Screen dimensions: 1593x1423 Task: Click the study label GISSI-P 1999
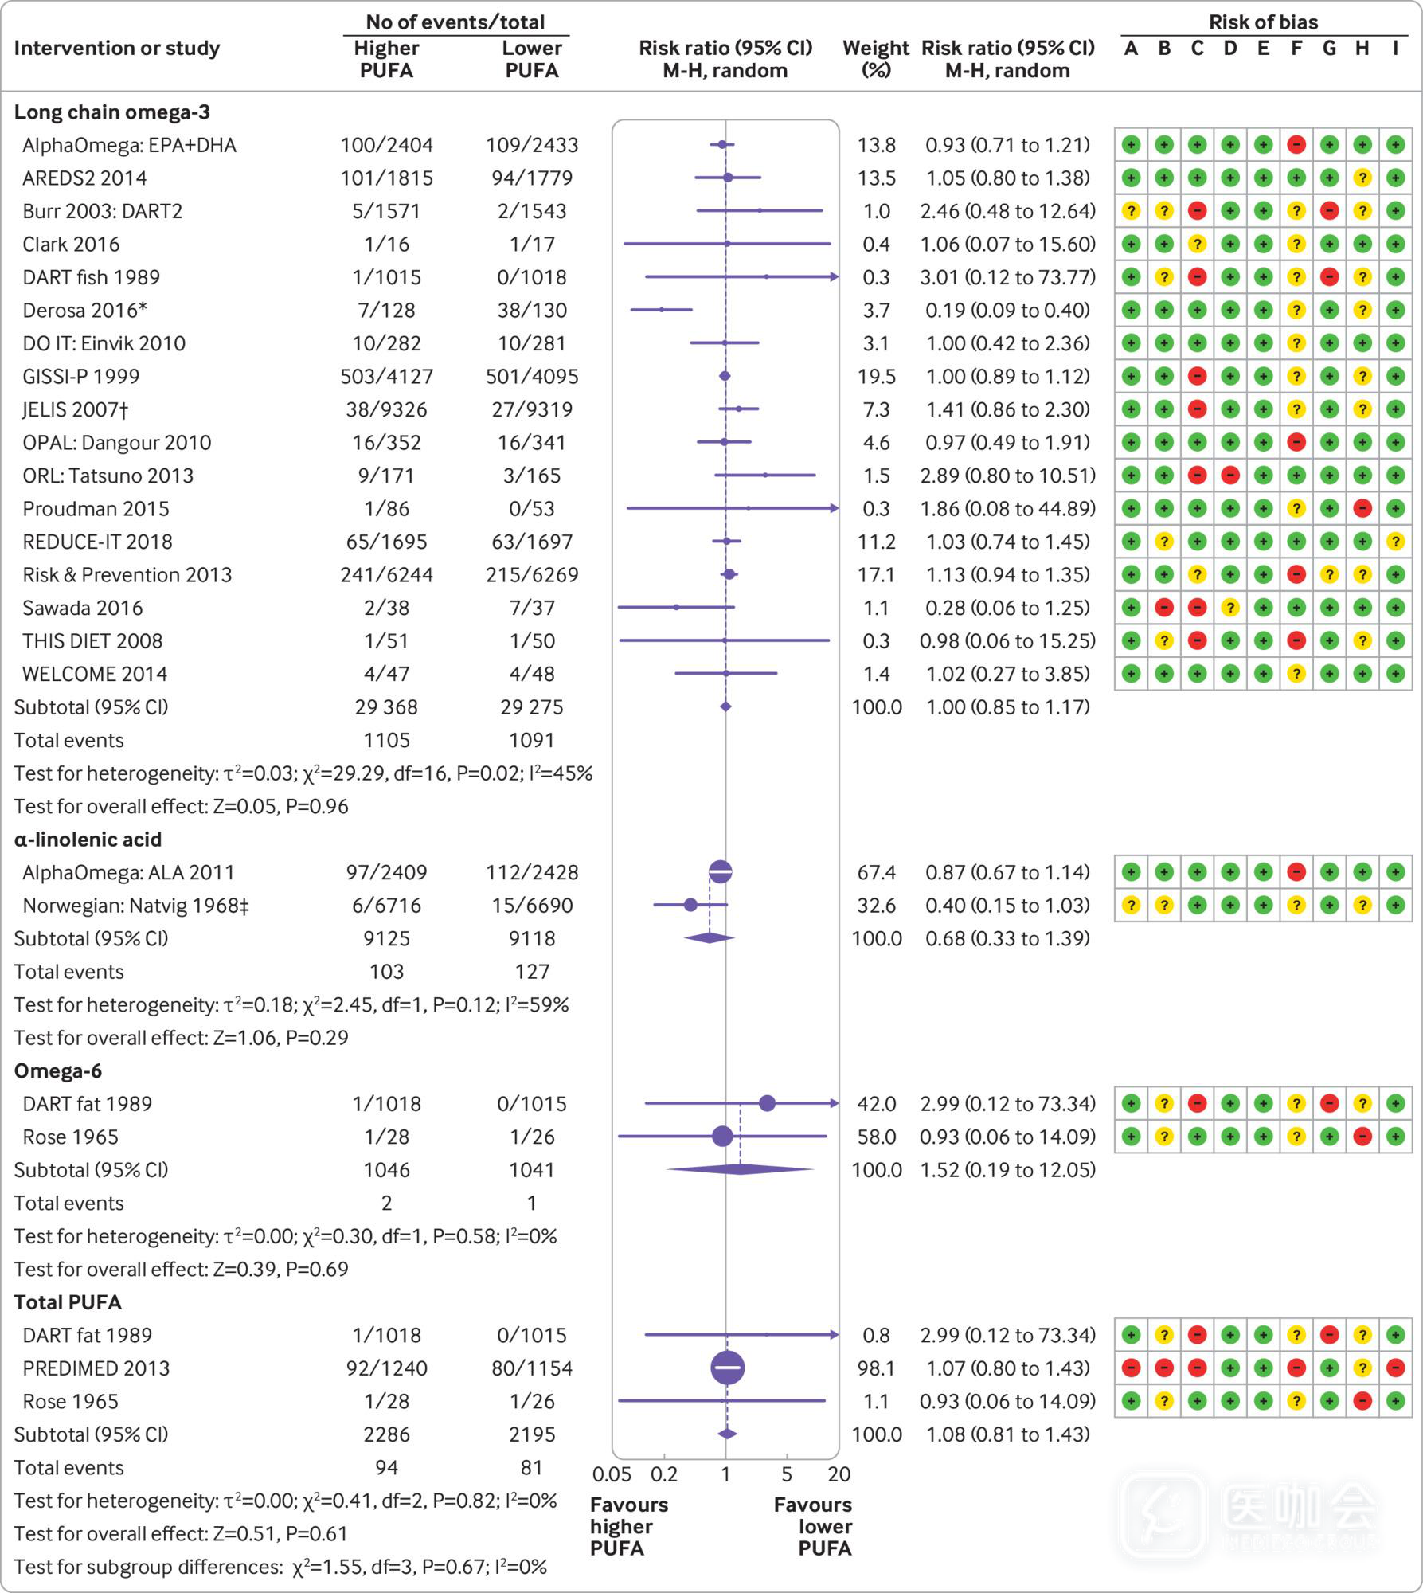pyautogui.click(x=80, y=377)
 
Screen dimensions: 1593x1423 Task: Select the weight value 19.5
pyautogui.click(x=876, y=377)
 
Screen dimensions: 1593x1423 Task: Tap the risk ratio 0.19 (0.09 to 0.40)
pyautogui.click(x=1007, y=311)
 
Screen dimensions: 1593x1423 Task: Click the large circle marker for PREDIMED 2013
pyautogui.click(x=727, y=1368)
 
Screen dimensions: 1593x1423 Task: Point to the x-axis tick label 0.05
pyautogui.click(x=612, y=1474)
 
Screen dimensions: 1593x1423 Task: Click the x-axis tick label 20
pyautogui.click(x=839, y=1474)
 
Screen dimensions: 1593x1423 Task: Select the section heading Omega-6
pyautogui.click(x=58, y=1071)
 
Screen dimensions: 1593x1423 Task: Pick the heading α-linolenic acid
pyautogui.click(x=88, y=840)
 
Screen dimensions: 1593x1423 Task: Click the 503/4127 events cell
pyautogui.click(x=386, y=377)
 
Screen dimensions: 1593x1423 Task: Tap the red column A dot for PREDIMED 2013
pyautogui.click(x=1131, y=1368)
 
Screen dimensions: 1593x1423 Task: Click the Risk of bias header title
pyautogui.click(x=1263, y=22)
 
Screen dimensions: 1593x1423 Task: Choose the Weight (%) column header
pyautogui.click(x=876, y=59)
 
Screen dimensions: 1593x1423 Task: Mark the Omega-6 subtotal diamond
pyautogui.click(x=741, y=1170)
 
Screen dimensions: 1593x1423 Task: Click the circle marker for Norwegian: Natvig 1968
pyautogui.click(x=690, y=906)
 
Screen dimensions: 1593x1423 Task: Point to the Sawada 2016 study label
pyautogui.click(x=82, y=609)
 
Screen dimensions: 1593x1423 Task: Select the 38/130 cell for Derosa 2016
pyautogui.click(x=532, y=311)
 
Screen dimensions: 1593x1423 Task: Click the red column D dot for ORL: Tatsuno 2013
pyautogui.click(x=1230, y=476)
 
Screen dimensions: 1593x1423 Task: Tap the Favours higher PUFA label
pyautogui.click(x=629, y=1526)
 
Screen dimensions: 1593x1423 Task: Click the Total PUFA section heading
pyautogui.click(x=68, y=1303)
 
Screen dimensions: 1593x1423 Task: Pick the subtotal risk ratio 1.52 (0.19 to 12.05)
pyautogui.click(x=1007, y=1170)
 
